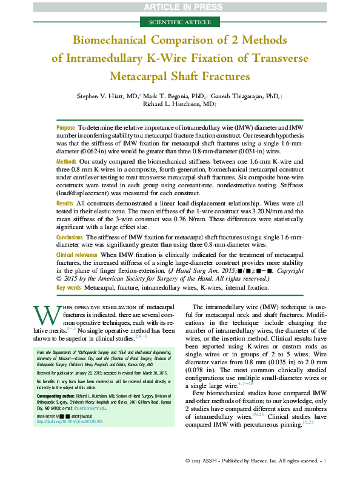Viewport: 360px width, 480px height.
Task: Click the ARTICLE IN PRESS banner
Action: tap(180, 7)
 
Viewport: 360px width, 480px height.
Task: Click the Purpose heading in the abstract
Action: tap(65, 128)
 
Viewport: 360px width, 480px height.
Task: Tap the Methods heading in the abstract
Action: tap(66, 162)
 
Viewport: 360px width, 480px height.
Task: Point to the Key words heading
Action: tap(69, 287)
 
